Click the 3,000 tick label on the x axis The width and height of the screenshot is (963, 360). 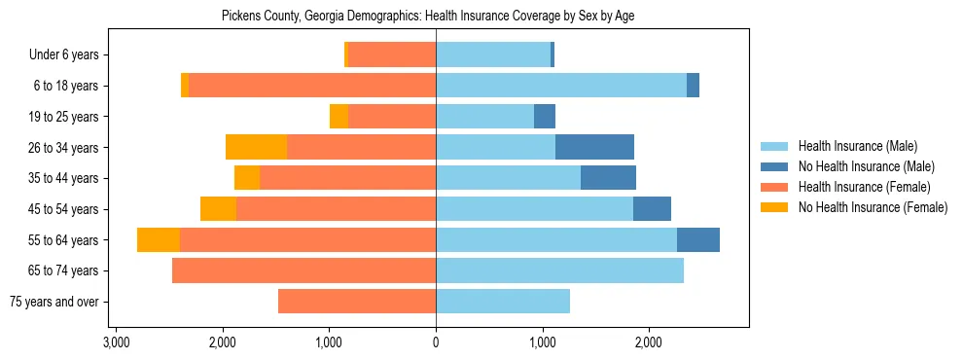(116, 342)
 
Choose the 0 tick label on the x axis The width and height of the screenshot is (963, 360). (436, 342)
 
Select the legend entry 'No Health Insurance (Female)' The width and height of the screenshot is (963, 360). (873, 207)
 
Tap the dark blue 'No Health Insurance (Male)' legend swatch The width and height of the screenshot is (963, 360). (774, 166)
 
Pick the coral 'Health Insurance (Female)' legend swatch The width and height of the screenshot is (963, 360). (774, 187)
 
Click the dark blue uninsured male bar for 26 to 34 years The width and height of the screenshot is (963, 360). (594, 147)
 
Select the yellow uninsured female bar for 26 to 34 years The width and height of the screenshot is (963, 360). (256, 147)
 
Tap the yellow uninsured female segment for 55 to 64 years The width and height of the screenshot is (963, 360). (159, 239)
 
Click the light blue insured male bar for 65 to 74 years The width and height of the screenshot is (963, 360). (559, 270)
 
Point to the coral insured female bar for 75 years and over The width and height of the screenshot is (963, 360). (357, 302)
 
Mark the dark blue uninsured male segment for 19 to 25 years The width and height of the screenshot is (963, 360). (545, 117)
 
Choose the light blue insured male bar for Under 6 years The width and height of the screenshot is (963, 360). (493, 55)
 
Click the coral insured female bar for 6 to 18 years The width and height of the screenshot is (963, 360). (312, 86)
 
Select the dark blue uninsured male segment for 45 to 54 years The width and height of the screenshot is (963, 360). (652, 209)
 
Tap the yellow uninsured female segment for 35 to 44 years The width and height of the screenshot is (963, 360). (247, 178)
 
